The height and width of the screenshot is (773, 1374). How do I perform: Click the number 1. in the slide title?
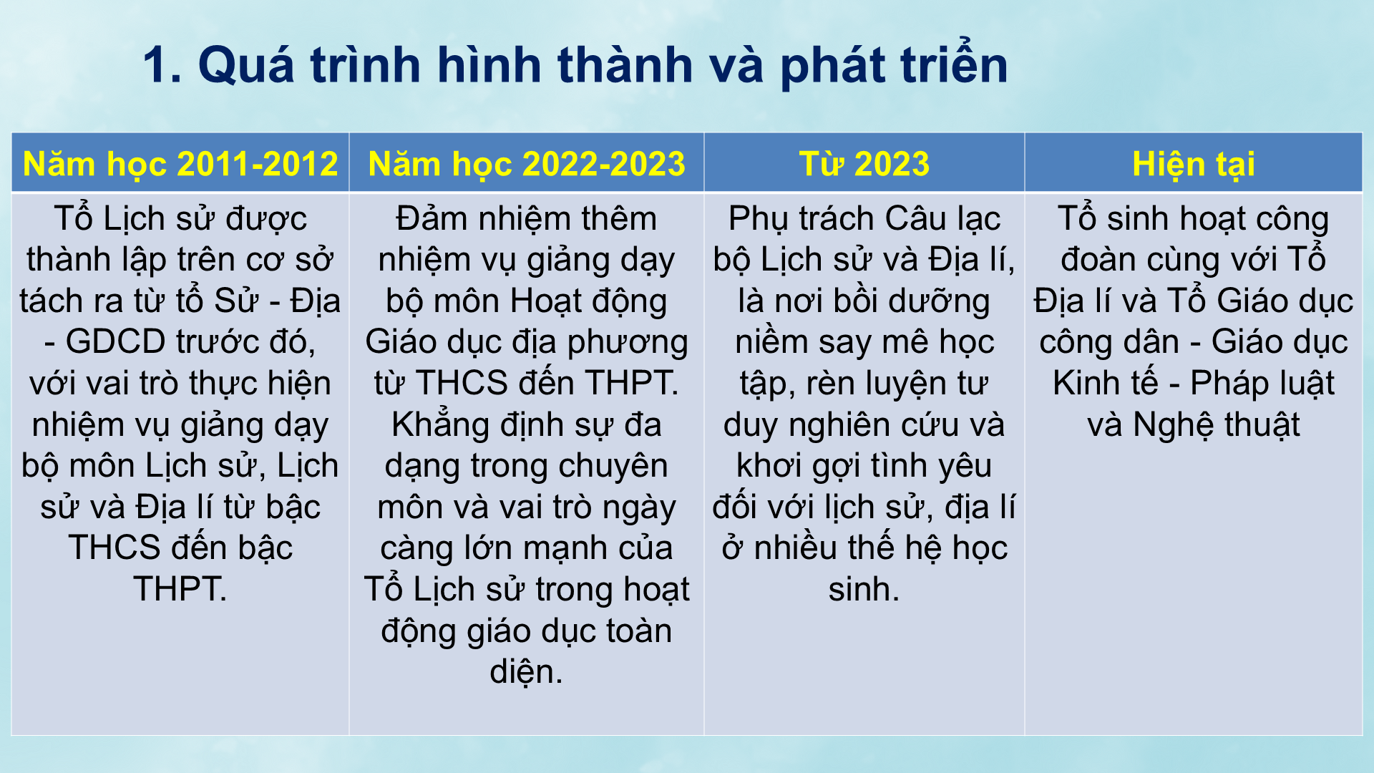pyautogui.click(x=162, y=66)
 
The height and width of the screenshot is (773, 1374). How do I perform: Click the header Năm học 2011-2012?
pyautogui.click(x=180, y=164)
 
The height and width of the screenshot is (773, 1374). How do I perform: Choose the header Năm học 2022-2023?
pyautogui.click(x=527, y=164)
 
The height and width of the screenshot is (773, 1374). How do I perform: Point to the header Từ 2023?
pyautogui.click(x=864, y=164)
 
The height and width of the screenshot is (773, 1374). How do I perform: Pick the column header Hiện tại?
pyautogui.click(x=1193, y=164)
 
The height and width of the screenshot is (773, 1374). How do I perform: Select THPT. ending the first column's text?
pyautogui.click(x=180, y=590)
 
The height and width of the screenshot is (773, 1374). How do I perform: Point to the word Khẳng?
pyautogui.click(x=432, y=425)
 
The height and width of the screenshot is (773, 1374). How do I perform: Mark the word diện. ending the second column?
pyautogui.click(x=526, y=672)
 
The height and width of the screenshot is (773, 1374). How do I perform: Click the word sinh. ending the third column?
pyautogui.click(x=864, y=590)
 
